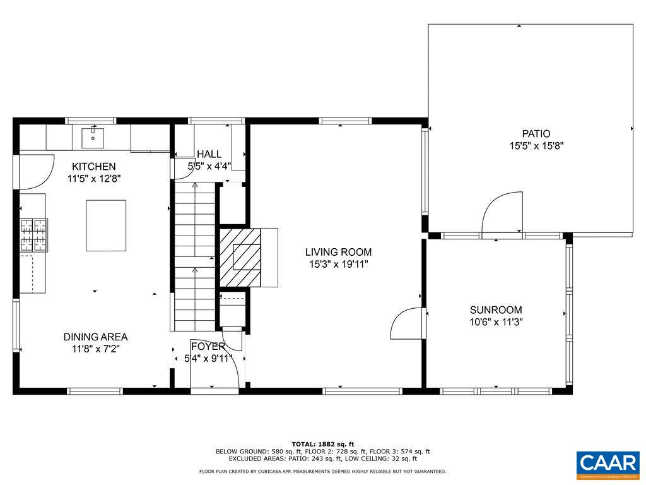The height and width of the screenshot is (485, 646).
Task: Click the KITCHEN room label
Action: [93, 167]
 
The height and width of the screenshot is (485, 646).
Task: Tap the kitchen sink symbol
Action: [93, 135]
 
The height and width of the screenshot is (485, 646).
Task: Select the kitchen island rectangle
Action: [106, 225]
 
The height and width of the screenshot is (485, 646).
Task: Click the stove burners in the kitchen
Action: [34, 234]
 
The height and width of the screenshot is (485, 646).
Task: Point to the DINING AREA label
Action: [95, 337]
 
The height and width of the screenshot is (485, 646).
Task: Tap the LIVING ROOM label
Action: [338, 252]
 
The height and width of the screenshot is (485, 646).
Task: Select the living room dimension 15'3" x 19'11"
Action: [338, 264]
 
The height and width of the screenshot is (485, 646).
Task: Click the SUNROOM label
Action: [496, 310]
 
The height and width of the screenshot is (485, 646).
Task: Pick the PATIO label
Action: [536, 134]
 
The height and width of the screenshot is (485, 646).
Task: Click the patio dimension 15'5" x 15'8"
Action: [536, 145]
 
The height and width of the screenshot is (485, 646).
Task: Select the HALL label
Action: [209, 154]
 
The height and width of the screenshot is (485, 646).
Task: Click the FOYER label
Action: [208, 346]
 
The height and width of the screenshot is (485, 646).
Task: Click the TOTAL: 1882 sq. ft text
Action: [323, 443]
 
